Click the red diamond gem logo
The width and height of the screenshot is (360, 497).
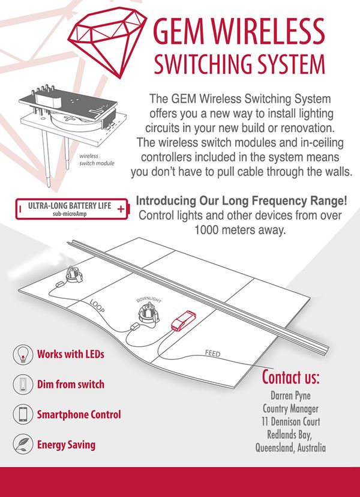[x=107, y=41]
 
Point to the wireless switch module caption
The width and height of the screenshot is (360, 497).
[x=97, y=160]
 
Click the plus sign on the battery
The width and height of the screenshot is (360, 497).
[x=121, y=209]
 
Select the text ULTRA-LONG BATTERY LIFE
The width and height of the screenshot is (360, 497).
[x=70, y=206]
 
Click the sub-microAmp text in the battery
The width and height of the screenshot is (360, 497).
[x=70, y=214]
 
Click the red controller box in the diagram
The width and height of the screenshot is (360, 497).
[x=184, y=321]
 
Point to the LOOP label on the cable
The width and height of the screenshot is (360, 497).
[x=97, y=306]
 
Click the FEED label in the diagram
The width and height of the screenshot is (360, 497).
[x=212, y=353]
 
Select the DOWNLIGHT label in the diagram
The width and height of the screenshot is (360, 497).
[x=149, y=300]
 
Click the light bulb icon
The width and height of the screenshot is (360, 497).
[x=23, y=354]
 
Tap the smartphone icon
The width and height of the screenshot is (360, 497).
[x=23, y=414]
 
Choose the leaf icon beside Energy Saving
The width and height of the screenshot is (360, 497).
[x=23, y=444]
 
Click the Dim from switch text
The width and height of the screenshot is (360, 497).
[x=71, y=384]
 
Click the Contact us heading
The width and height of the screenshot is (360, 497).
[x=290, y=377]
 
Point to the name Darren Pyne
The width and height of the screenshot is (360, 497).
[x=290, y=396]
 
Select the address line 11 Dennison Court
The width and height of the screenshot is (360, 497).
[x=290, y=421]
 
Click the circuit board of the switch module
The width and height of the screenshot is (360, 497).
[x=68, y=103]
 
